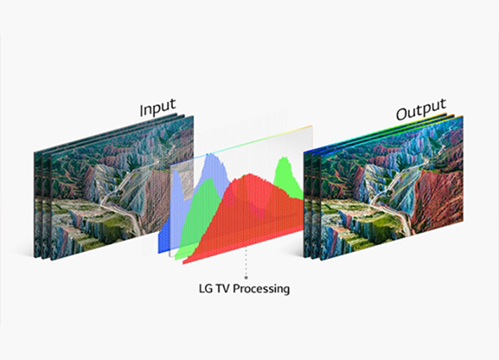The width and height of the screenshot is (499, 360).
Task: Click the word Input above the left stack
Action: pyautogui.click(x=158, y=106)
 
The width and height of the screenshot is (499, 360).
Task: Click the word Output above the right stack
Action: pyautogui.click(x=421, y=109)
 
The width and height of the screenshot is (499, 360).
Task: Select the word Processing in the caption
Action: pyautogui.click(x=261, y=289)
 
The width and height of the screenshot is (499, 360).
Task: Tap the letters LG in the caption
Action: pyautogui.click(x=206, y=288)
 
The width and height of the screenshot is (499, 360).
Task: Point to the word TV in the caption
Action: pyautogui.click(x=223, y=288)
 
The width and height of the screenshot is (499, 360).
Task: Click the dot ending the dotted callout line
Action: pyautogui.click(x=246, y=278)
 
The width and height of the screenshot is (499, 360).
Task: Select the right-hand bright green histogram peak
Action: pyautogui.click(x=284, y=159)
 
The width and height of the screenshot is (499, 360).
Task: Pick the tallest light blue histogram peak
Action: pyautogui.click(x=210, y=156)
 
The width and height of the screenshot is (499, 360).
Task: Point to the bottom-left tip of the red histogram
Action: pyautogui.click(x=183, y=264)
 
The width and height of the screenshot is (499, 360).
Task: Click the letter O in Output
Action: pyautogui.click(x=401, y=114)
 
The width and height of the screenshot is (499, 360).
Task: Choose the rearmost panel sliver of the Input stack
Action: pyautogui.click(x=38, y=205)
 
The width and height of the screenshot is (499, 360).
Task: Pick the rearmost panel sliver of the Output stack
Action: pyautogui.click(x=307, y=204)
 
